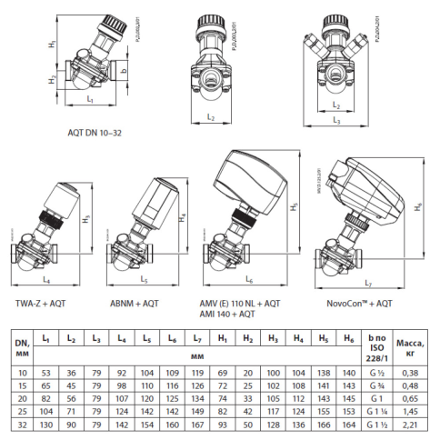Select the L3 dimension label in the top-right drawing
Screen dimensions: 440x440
(x=338, y=119)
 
